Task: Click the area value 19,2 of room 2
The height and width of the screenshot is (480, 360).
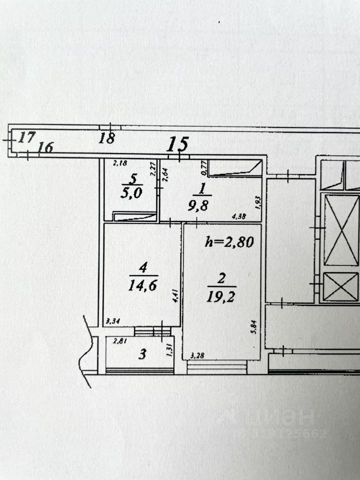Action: (x=220, y=297)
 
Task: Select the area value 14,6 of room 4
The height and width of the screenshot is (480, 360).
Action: (x=143, y=283)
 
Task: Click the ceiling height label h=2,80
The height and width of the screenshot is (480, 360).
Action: (x=230, y=242)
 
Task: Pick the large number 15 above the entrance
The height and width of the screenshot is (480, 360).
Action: (x=177, y=144)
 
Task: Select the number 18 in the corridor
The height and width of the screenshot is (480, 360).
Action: (x=106, y=138)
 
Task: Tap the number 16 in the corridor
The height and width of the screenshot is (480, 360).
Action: (x=45, y=147)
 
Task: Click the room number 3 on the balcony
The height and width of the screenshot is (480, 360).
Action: (x=142, y=355)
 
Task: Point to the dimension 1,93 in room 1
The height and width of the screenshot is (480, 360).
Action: (x=257, y=201)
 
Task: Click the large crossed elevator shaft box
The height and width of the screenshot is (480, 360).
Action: (x=341, y=230)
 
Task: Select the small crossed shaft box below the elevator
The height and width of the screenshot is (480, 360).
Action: (x=341, y=287)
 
